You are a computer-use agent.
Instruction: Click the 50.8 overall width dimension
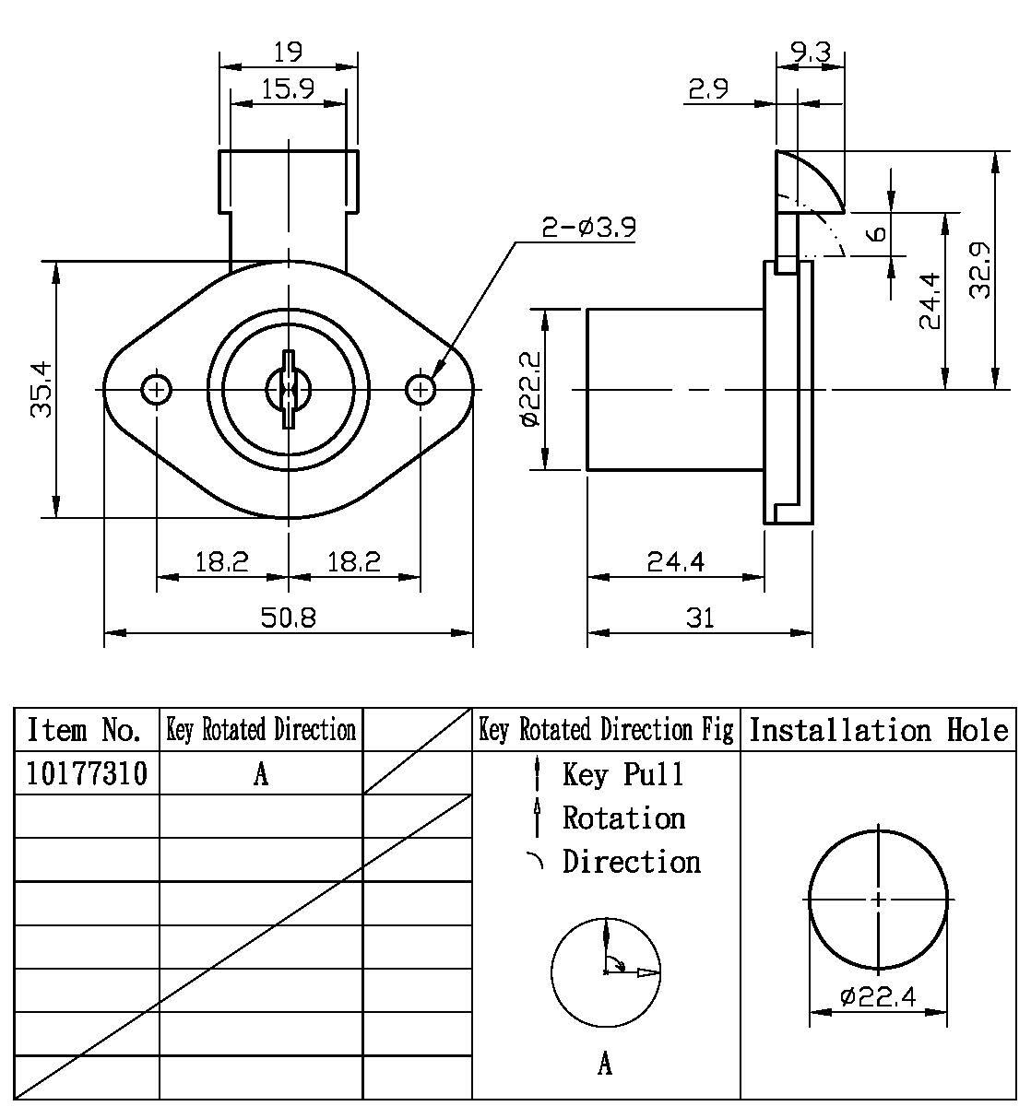288,617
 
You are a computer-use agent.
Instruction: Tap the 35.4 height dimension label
42,389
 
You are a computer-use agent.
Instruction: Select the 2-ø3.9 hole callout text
588,227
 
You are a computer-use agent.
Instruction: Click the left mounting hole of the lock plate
157,390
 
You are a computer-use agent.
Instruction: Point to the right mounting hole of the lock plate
421,390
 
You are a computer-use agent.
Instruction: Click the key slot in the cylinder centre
288,390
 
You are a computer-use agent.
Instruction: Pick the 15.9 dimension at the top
288,88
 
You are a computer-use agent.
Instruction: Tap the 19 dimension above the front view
288,51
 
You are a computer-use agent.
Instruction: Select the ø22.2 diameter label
529,389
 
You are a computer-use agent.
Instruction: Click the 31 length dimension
700,617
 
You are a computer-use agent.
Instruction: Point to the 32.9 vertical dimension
980,270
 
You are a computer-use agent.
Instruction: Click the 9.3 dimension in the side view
810,53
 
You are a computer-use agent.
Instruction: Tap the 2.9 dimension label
708,88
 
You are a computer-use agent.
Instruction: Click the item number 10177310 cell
87,773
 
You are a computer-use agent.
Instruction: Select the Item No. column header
85,730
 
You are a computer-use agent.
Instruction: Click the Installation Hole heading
878,730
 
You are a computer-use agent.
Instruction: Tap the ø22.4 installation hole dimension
877,996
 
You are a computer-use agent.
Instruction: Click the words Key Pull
623,774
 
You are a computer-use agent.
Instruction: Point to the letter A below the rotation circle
605,1065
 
